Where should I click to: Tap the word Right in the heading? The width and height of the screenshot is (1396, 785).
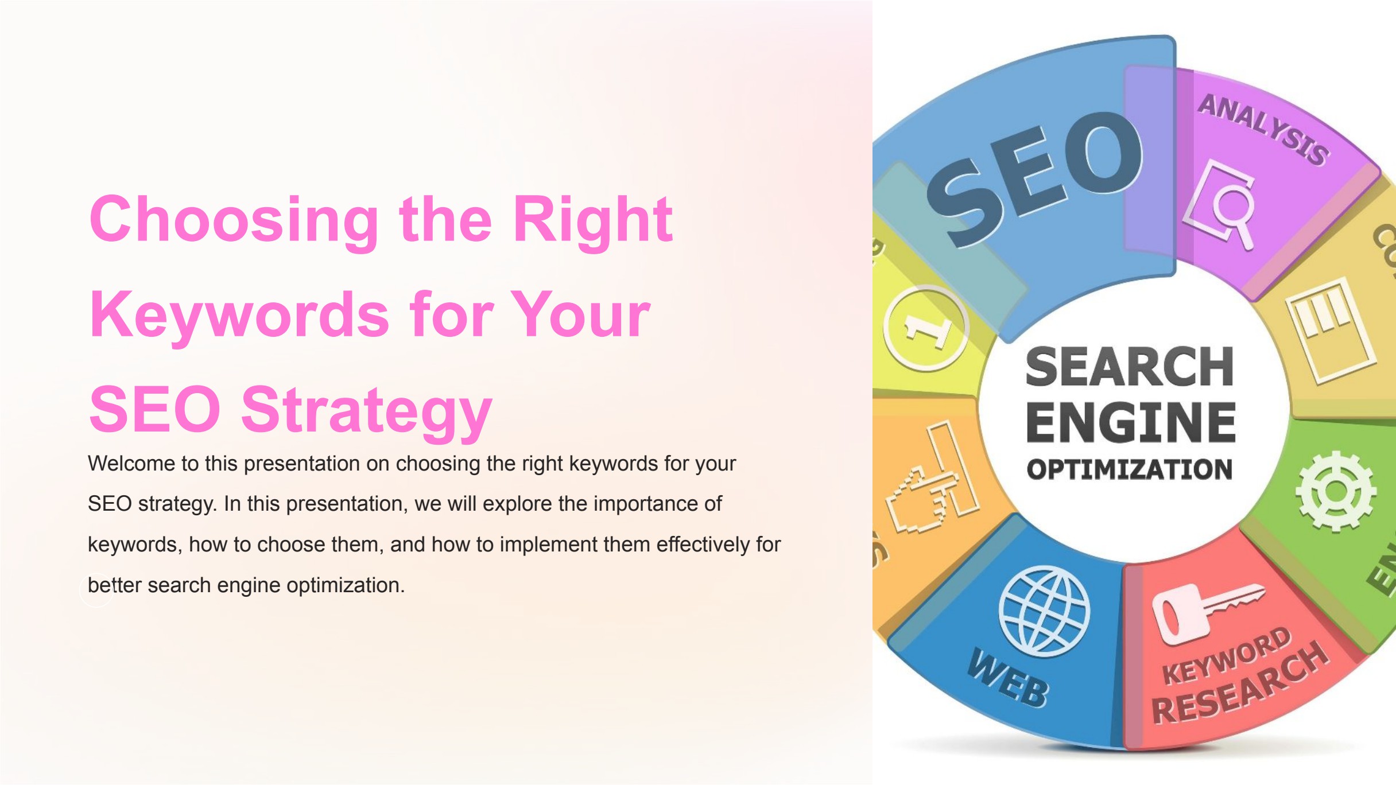click(x=592, y=220)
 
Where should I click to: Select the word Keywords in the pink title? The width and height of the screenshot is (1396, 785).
click(x=239, y=315)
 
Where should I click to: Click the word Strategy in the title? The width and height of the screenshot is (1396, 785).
click(x=366, y=411)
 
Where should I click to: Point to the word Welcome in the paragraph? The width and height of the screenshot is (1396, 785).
click(x=131, y=464)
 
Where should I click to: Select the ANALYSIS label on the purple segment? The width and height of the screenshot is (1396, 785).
click(x=1263, y=129)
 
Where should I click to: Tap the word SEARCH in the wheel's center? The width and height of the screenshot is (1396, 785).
click(x=1130, y=367)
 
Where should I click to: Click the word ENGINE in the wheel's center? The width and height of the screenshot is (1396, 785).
click(x=1131, y=422)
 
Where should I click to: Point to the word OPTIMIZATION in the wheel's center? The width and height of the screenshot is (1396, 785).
click(x=1130, y=469)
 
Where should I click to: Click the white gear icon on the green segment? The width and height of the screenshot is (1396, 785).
click(x=1335, y=491)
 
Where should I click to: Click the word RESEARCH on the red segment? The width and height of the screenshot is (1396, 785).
click(x=1240, y=686)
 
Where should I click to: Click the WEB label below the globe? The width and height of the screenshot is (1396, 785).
click(x=1008, y=679)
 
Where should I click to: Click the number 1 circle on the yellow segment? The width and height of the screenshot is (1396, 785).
click(x=925, y=328)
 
